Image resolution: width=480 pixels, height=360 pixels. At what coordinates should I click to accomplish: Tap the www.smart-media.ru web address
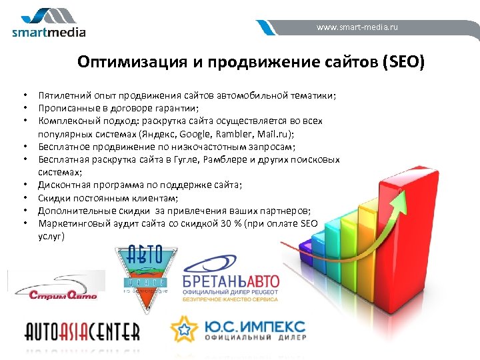(x=357, y=27)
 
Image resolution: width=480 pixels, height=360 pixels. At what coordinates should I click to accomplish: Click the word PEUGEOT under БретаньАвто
(x=263, y=292)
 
